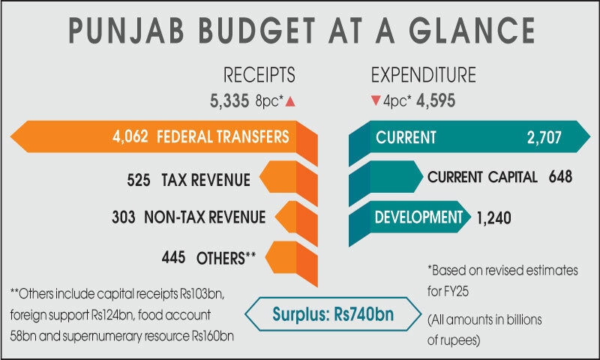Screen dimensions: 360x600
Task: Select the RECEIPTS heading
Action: (259, 75)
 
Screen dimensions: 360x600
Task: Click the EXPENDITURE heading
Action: (424, 75)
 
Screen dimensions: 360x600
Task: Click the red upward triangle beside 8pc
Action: (310, 98)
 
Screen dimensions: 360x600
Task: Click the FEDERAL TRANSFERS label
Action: (223, 137)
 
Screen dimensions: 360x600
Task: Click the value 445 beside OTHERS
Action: (173, 257)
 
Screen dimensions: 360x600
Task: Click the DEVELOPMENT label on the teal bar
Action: (418, 217)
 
